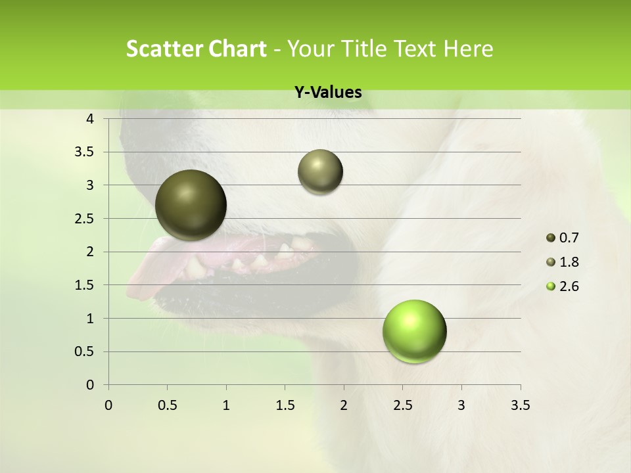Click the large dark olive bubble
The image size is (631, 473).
click(191, 205)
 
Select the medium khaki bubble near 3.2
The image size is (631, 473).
click(320, 171)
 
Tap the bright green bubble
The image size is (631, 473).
click(414, 331)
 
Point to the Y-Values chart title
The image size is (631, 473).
click(328, 93)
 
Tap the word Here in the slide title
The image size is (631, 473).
click(467, 49)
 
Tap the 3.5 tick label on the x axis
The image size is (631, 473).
click(520, 405)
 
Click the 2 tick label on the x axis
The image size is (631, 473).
click(344, 405)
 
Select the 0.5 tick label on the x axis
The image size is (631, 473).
click(167, 405)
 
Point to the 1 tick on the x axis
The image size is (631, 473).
click(226, 405)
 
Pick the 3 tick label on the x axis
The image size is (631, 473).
click(461, 405)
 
